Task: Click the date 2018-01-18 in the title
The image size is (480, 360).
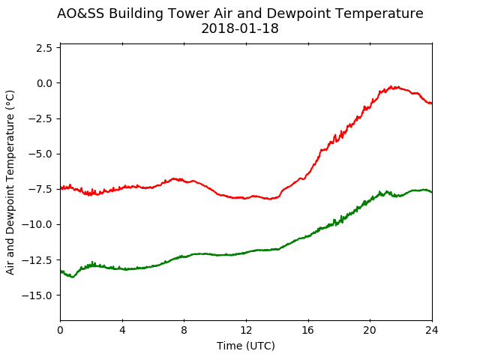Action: tap(240, 28)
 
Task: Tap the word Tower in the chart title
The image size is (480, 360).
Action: tap(189, 13)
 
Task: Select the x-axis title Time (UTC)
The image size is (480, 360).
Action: tap(246, 346)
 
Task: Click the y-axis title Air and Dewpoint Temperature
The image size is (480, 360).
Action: tap(10, 183)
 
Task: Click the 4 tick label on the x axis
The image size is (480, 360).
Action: tap(122, 330)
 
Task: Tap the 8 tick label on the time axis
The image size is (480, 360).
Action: tap(184, 330)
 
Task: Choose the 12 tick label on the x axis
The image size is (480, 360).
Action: tap(246, 330)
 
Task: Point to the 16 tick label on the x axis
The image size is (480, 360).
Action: tap(308, 330)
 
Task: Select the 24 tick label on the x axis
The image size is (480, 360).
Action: tap(432, 330)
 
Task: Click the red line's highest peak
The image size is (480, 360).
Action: tap(391, 87)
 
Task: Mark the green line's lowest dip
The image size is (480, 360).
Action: tap(73, 277)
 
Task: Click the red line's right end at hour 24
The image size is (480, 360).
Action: tap(432, 103)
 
